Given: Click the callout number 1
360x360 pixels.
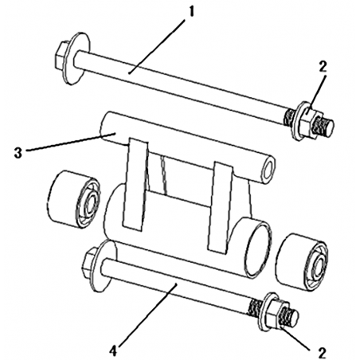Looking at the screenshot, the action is tap(190, 13).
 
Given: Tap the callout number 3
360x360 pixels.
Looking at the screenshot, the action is tap(18, 153).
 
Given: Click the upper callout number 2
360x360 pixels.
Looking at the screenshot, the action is tap(323, 67).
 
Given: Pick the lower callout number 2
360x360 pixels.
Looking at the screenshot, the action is tap(322, 353).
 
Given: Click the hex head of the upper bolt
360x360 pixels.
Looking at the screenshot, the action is tap(61, 57).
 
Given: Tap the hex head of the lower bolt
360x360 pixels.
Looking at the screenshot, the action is tap(90, 263).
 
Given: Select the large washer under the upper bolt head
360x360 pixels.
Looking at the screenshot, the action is tap(76, 58).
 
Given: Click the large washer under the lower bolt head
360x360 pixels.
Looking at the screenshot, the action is tap(104, 266).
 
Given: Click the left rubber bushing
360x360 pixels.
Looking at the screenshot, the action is tap(74, 199).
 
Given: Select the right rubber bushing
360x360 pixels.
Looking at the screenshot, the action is tap(302, 262).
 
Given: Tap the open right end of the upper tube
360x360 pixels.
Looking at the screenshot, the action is tap(268, 170).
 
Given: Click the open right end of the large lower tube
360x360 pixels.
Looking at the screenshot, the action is tap(258, 247).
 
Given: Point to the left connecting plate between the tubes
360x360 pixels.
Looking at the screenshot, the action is tap(136, 184).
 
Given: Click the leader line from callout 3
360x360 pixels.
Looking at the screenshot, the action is tap(71, 143).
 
